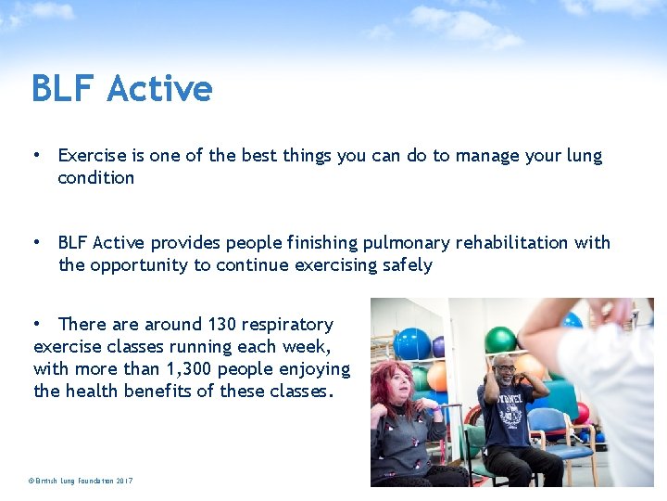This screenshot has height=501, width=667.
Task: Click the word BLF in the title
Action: coord(63,89)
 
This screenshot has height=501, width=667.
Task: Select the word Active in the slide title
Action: coord(159,89)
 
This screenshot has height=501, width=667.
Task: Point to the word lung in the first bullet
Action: coord(582,156)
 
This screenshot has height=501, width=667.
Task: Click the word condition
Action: coord(95,177)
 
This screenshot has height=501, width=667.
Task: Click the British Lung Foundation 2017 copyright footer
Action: coord(81,481)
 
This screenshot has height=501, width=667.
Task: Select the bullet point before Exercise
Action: coord(37,156)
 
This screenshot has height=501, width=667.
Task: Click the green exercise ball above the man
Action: coord(500,340)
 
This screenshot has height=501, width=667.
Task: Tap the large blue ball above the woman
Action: coord(411,343)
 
